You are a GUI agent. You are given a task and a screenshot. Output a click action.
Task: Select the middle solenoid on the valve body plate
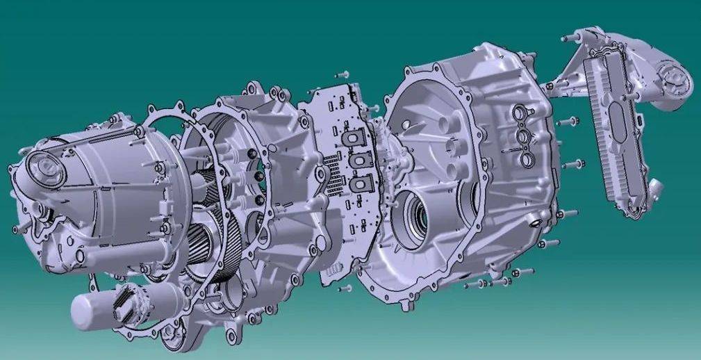click(359, 161)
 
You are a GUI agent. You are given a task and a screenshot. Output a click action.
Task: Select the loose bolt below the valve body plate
click(343, 286)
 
